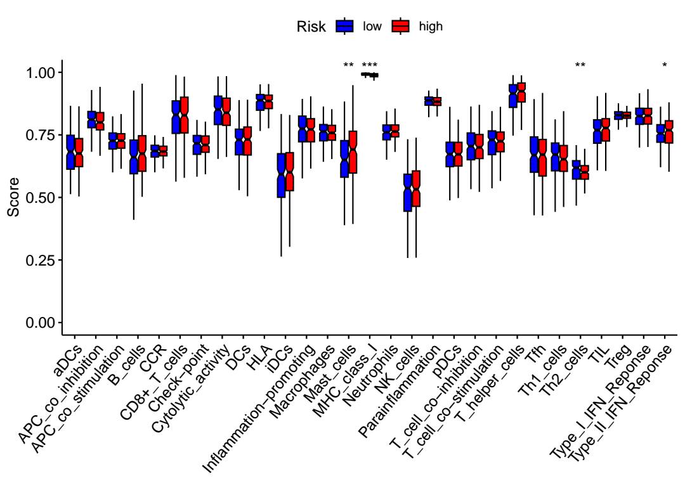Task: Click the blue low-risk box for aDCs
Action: pos(70,152)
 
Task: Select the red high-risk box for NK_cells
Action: pos(416,188)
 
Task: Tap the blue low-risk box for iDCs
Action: pos(280,175)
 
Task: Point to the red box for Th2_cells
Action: pos(584,172)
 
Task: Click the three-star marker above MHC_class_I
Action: pos(369,65)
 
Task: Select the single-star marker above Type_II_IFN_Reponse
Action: pos(664,65)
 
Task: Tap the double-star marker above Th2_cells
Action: pos(580,65)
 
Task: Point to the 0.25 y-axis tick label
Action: pos(41,260)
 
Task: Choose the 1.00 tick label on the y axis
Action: pos(41,72)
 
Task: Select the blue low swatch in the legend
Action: pos(344,26)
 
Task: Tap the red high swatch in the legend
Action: pos(400,26)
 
